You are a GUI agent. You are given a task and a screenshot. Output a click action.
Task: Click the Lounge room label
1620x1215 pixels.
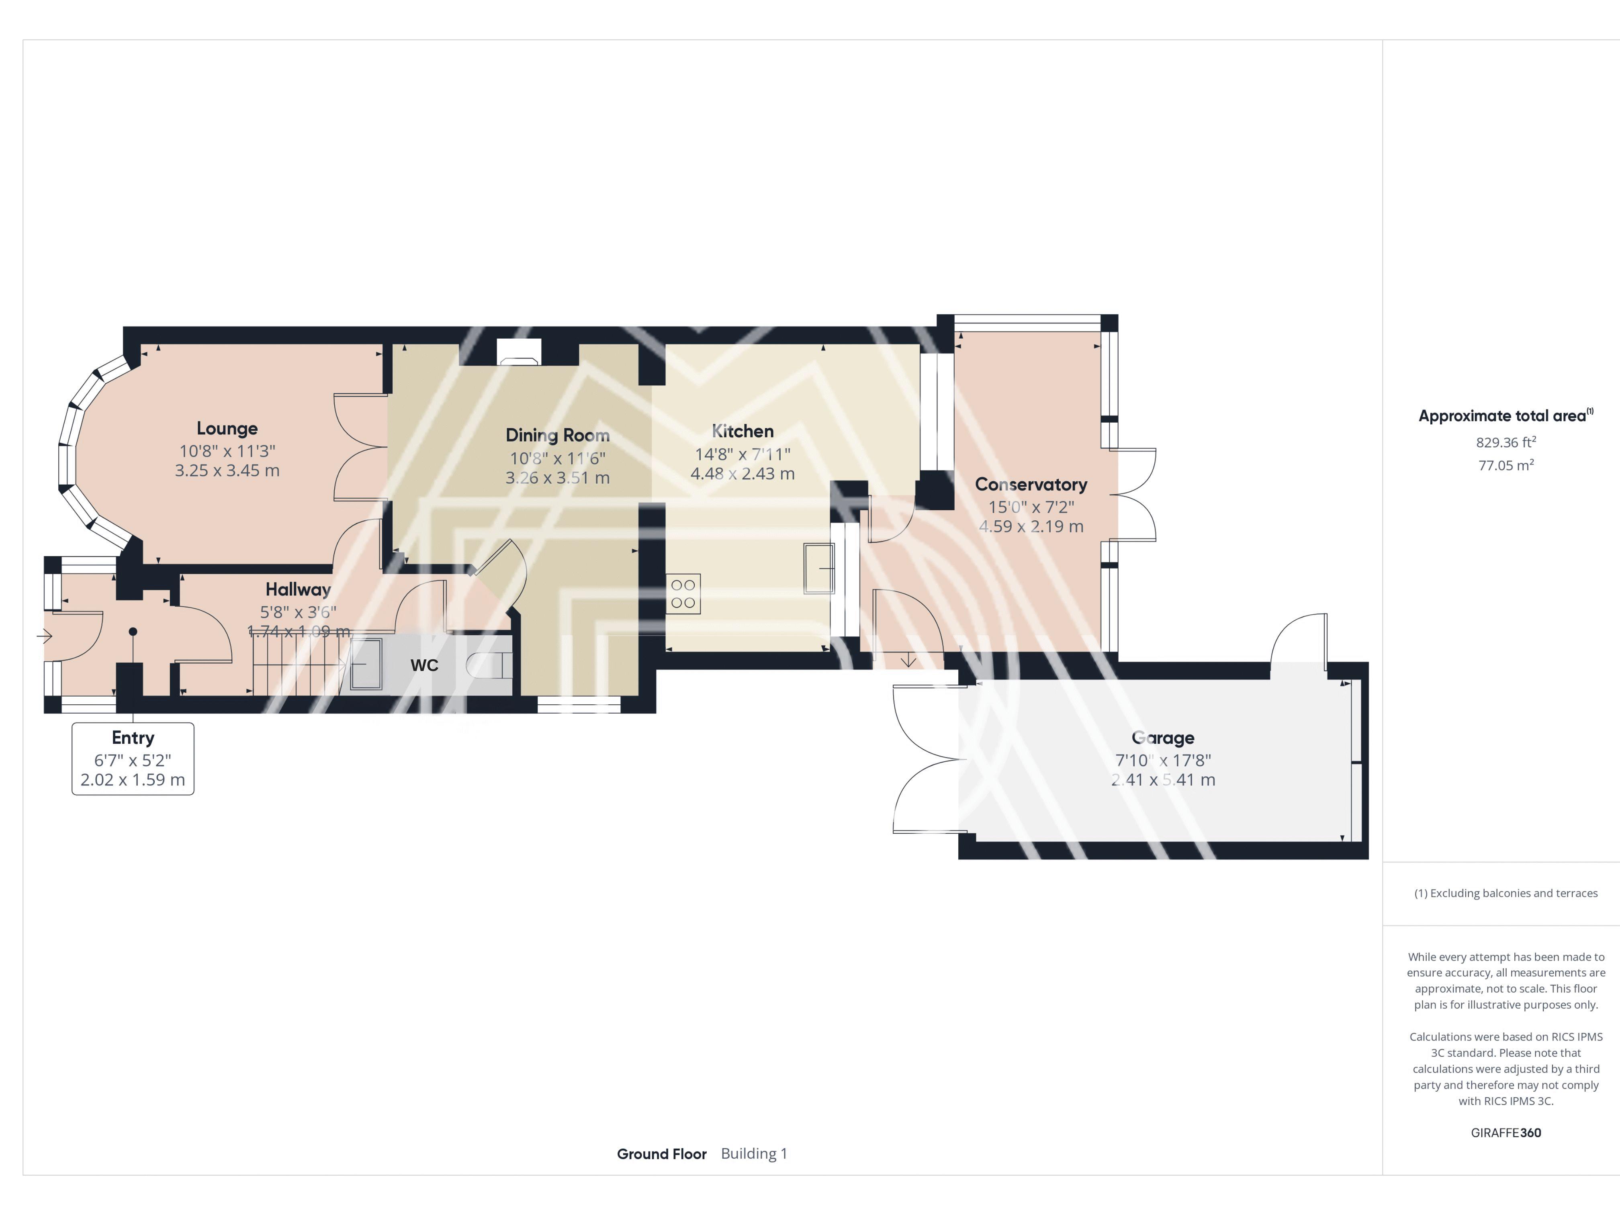[227, 428]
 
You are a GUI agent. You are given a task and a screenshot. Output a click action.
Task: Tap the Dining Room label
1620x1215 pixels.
[557, 435]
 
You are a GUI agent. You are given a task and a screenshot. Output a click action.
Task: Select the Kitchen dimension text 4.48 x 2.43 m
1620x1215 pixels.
[742, 474]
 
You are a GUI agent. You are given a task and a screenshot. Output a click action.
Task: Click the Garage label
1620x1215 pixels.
[1163, 738]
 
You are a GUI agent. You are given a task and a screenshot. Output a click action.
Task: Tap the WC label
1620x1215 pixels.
[424, 665]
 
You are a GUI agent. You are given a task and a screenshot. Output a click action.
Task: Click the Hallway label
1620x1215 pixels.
[298, 589]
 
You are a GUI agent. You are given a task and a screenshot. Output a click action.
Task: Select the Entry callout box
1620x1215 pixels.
[133, 759]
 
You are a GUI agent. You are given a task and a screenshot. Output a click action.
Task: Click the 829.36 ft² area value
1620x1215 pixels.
[1506, 442]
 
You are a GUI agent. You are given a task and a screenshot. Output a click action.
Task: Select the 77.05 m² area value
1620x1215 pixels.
[1506, 465]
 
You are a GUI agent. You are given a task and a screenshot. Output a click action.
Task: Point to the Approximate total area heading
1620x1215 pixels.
[1506, 415]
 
